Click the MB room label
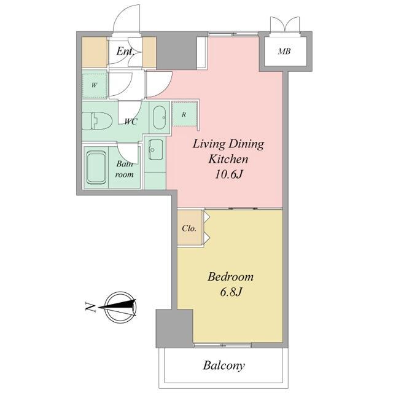click(x=284, y=52)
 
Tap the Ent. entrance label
click(x=126, y=52)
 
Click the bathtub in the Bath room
click(x=96, y=168)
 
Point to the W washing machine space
click(x=94, y=85)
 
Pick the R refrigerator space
click(x=184, y=115)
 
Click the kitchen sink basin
click(x=155, y=150)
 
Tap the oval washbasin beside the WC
click(x=160, y=117)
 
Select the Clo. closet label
click(x=189, y=228)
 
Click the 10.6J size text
click(x=228, y=174)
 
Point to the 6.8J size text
click(x=231, y=292)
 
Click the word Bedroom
click(x=231, y=277)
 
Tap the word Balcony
click(x=224, y=366)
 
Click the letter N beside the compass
click(x=91, y=308)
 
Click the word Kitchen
click(x=228, y=159)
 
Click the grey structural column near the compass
click(x=174, y=329)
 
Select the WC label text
click(x=131, y=122)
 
